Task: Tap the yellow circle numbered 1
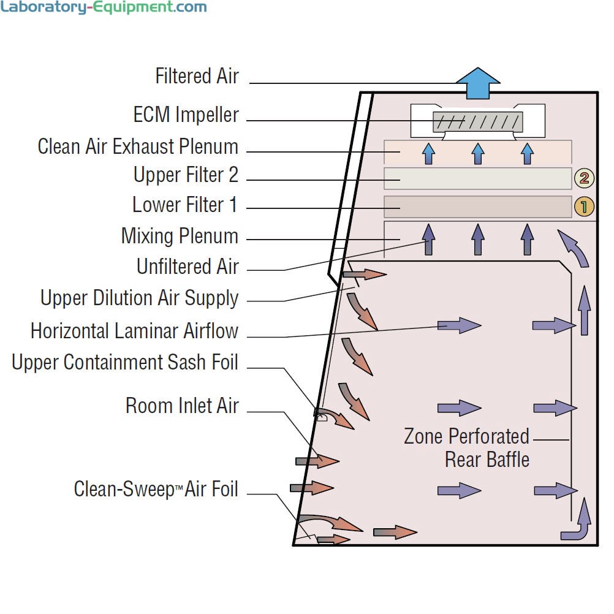pos(583,207)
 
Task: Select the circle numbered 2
pos(583,178)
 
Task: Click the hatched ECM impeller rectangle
pos(477,121)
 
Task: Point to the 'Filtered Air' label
pos(197,77)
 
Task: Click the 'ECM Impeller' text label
pos(186,115)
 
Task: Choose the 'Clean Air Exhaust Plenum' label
pos(138,147)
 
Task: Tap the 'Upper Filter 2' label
pos(186,175)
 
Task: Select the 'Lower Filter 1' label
pos(184,205)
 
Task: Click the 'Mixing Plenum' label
pos(180,236)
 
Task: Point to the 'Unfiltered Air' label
pos(187,267)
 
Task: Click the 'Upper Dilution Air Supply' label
pos(139,298)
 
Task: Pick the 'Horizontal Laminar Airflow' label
pos(134,331)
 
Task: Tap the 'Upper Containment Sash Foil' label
pos(124,362)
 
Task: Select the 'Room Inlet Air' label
pos(182,406)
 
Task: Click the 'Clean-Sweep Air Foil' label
pos(156,489)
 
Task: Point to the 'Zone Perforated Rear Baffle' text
pos(467,448)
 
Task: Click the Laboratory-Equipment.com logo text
pos(104,8)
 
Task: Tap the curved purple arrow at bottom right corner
pos(577,523)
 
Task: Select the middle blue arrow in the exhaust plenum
pos(478,153)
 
